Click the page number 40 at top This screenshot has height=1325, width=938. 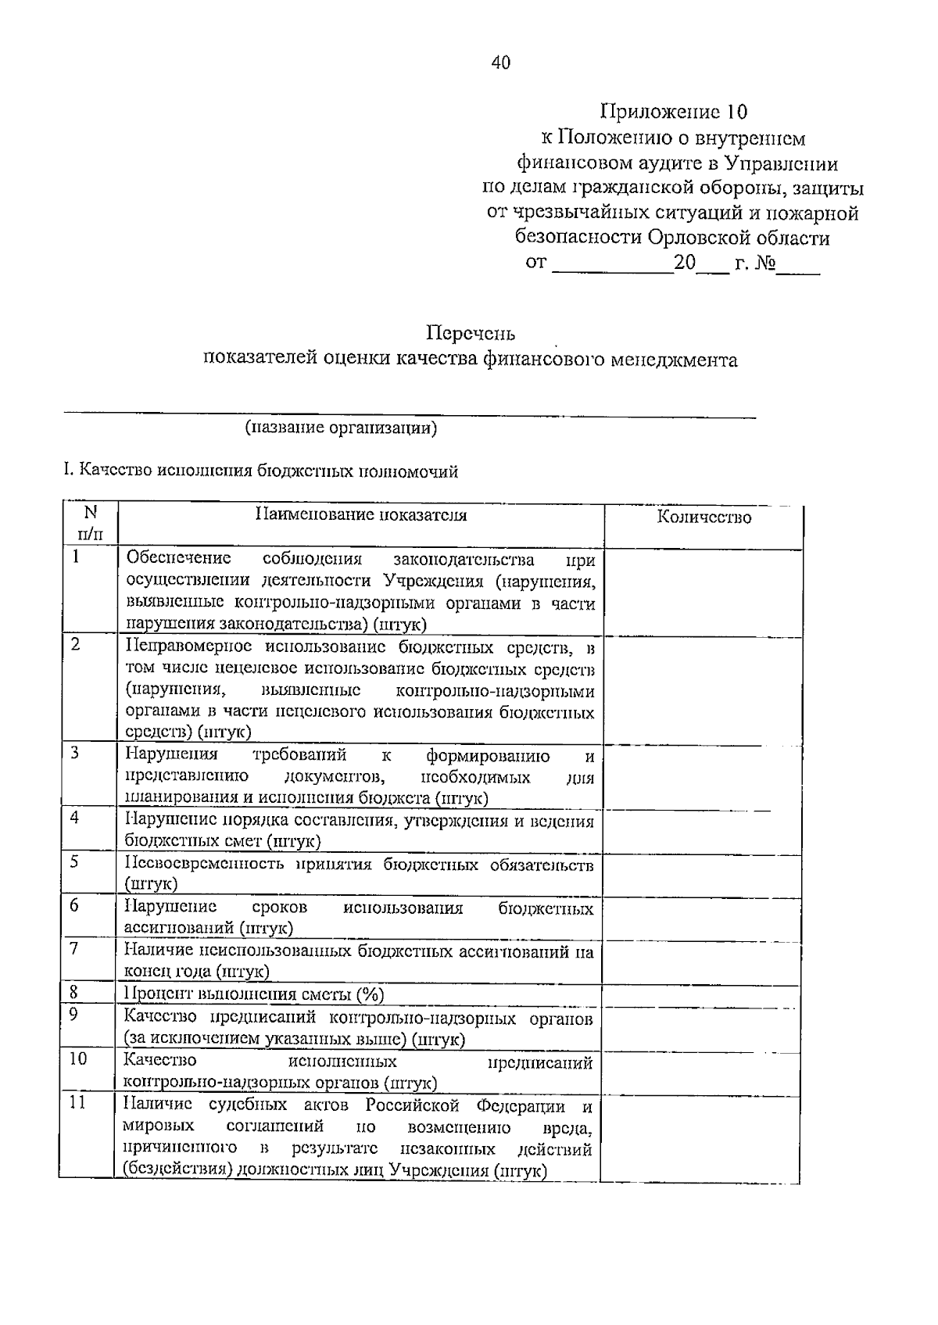coord(500,63)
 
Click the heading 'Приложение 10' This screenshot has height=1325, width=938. coord(674,111)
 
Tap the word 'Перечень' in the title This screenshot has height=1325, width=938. coord(471,334)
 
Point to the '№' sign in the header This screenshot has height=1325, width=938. coord(764,263)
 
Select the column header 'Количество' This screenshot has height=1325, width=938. coord(703,517)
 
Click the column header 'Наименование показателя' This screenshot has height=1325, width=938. coord(361,515)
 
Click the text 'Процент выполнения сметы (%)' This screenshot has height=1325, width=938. coord(254,994)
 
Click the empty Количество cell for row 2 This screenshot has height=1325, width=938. coord(703,690)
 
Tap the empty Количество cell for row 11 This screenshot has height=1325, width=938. coord(701,1137)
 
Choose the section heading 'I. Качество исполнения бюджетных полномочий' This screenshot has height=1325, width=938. coord(260,471)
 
